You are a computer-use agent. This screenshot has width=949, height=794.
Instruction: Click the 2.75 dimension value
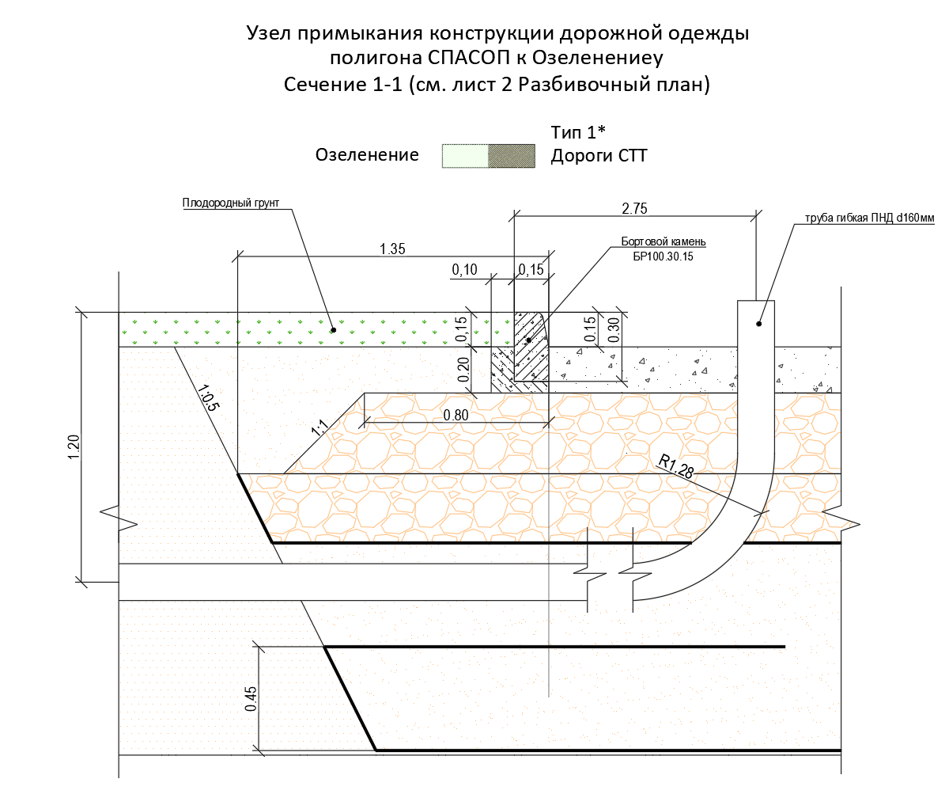pyautogui.click(x=635, y=209)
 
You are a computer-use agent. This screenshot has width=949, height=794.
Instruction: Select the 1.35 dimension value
pyautogui.click(x=392, y=249)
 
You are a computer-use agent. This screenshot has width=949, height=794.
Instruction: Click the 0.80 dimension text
pyautogui.click(x=457, y=414)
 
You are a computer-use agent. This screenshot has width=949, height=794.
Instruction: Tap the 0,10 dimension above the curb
pyautogui.click(x=465, y=271)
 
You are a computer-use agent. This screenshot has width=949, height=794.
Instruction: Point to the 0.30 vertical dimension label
pyautogui.click(x=613, y=329)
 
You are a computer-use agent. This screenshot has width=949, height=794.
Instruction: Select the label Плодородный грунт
pyautogui.click(x=231, y=203)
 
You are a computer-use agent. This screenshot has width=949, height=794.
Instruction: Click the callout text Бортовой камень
pyautogui.click(x=663, y=241)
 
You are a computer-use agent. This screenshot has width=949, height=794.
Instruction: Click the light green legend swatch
pyautogui.click(x=465, y=156)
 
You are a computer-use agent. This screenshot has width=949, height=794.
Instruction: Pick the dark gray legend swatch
pyautogui.click(x=512, y=156)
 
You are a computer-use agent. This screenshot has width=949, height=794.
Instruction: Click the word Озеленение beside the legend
pyautogui.click(x=367, y=155)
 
